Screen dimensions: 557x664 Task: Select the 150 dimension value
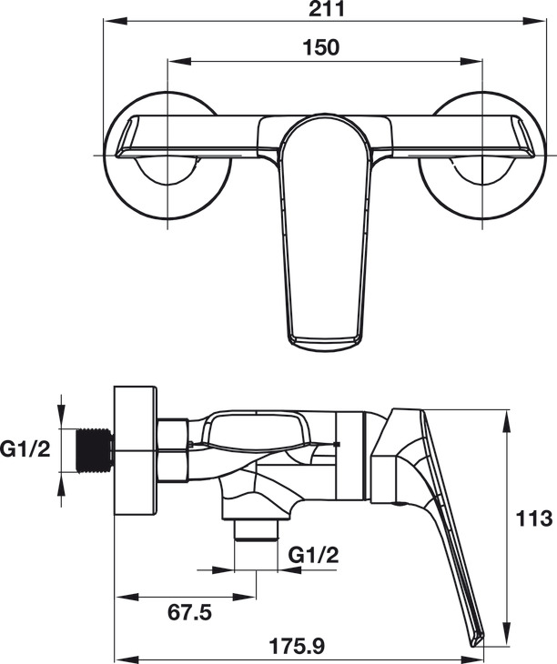pos(321,47)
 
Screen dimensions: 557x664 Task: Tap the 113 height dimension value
pos(533,518)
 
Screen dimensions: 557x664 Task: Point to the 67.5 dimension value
pos(189,612)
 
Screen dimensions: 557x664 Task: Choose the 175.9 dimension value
pos(298,646)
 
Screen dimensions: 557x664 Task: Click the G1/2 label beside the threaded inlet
pos(25,449)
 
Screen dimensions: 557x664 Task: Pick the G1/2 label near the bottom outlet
pos(314,555)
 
